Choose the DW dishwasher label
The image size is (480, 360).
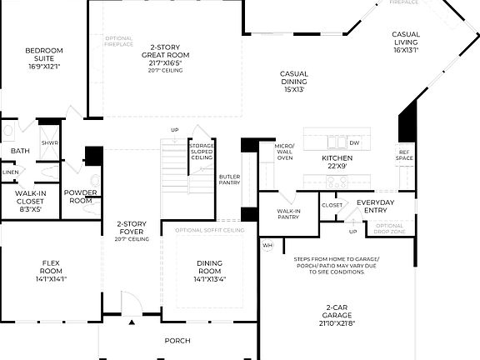click(354, 143)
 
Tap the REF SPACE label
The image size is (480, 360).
click(405, 155)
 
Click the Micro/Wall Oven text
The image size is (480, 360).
click(285, 152)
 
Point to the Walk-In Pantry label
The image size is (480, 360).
click(288, 214)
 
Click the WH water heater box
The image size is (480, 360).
click(267, 246)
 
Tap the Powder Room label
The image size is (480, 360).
click(81, 197)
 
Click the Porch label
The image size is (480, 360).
click(177, 340)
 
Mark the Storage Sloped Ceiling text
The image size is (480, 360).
click(201, 150)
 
